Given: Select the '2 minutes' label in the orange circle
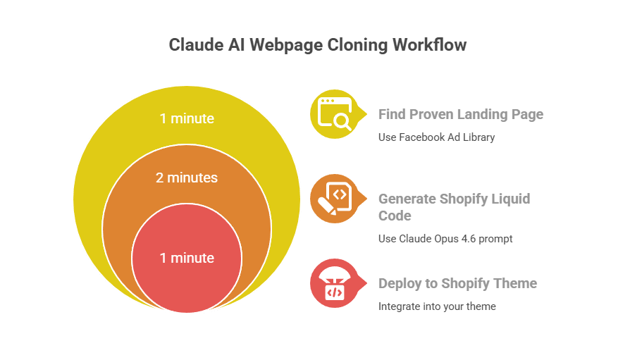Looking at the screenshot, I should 187,178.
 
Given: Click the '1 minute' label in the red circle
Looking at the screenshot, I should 187,258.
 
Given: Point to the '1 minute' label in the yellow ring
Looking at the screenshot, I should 187,118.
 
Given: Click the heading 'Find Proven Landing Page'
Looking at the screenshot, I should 461,114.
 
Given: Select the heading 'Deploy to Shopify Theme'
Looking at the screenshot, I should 457,283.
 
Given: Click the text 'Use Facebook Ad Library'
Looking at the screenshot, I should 436,137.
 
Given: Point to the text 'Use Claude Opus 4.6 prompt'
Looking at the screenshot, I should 445,239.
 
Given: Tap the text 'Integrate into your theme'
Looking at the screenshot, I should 437,306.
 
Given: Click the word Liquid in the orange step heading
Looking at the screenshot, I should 509,199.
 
